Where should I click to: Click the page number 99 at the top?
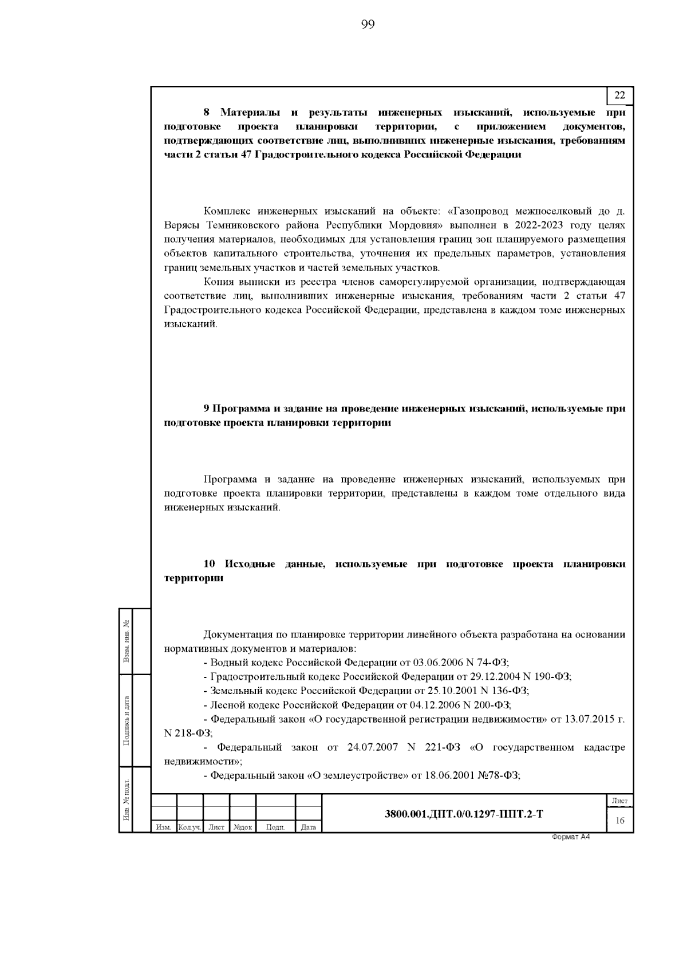[x=368, y=24]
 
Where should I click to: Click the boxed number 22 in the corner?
[x=619, y=96]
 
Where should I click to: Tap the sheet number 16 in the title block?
[x=619, y=821]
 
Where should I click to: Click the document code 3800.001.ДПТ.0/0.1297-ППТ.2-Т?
[x=464, y=814]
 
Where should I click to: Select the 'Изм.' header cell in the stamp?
[x=163, y=827]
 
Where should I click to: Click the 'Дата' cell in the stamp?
[x=308, y=827]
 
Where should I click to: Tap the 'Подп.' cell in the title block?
[x=275, y=827]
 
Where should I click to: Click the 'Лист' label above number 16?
[x=619, y=801]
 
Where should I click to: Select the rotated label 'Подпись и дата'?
[x=126, y=720]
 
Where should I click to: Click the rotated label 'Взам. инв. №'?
[x=126, y=641]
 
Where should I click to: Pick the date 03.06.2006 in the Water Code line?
[x=439, y=663]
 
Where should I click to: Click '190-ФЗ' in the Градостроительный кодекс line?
[x=553, y=677]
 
